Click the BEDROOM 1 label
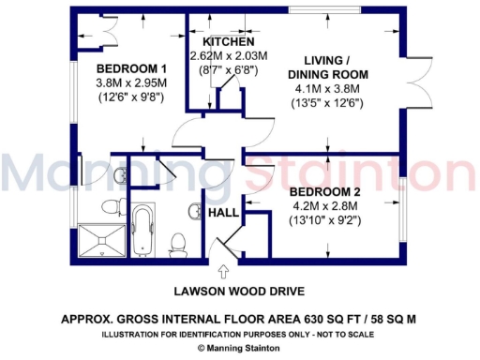point(133,69)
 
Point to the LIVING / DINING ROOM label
point(327,66)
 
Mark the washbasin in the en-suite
point(119,174)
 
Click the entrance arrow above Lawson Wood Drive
point(223,273)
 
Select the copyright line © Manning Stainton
point(239,348)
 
